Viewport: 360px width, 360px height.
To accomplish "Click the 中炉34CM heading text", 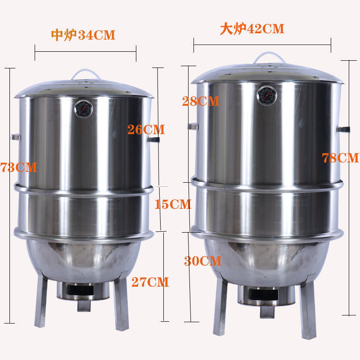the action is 83,35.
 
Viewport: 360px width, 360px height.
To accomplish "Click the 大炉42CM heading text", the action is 252,29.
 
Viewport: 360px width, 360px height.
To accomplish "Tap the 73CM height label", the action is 18,167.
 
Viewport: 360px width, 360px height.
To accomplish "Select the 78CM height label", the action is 341,158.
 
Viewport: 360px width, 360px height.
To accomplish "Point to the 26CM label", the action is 146,130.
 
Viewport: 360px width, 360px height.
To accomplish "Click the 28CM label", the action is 201,101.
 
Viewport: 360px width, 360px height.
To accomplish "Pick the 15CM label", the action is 173,204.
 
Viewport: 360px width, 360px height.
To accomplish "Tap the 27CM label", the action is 150,282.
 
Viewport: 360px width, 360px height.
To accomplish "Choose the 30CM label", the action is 203,261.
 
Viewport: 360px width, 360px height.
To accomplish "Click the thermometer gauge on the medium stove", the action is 83,109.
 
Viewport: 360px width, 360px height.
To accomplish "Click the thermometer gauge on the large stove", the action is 266,95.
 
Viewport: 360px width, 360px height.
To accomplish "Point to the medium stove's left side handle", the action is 16,137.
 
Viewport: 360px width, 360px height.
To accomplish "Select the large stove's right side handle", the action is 343,130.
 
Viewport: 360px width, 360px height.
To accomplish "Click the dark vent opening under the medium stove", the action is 80,290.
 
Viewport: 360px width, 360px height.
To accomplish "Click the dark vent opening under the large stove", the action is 263,294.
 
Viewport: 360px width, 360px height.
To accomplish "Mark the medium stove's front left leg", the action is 41,300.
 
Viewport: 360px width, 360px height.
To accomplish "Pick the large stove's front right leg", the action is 308,310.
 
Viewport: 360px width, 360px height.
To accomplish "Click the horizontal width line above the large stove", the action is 262,45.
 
